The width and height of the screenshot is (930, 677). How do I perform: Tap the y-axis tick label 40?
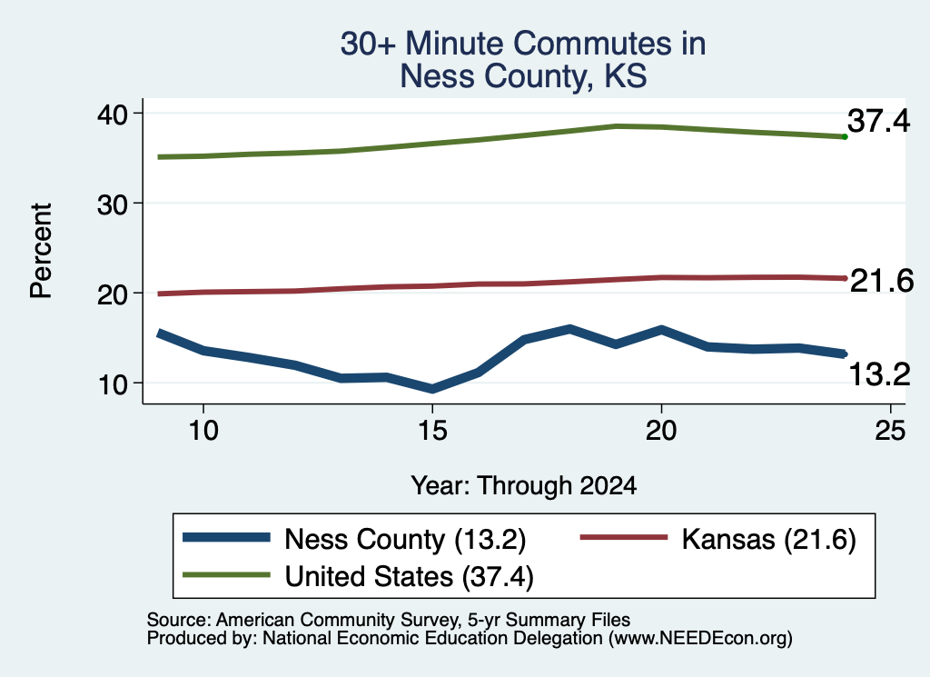[112, 114]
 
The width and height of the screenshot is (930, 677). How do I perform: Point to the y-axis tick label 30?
[112, 204]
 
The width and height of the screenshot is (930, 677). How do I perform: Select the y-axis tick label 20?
[112, 295]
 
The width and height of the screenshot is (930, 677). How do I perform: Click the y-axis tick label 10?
[112, 385]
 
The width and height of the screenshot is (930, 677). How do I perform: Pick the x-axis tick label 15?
[432, 430]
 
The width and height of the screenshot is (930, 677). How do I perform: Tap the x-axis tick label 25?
[890, 430]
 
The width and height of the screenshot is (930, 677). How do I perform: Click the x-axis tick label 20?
[661, 430]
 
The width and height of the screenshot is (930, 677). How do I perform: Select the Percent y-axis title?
[41, 251]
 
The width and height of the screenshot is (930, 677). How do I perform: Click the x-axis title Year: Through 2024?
[524, 485]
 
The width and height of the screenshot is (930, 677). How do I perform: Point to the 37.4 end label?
[878, 121]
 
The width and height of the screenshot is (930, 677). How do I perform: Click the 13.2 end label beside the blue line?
[879, 375]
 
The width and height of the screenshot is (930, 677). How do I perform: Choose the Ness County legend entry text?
[405, 540]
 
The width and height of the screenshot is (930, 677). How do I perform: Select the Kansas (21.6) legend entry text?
[768, 540]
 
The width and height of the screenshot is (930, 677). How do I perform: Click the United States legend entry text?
[410, 576]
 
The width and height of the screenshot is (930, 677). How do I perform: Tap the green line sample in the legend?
[226, 574]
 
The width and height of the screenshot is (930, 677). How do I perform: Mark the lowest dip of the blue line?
[432, 389]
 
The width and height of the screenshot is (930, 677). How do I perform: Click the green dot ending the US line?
[845, 137]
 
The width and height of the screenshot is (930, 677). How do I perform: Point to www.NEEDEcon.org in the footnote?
[700, 638]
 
